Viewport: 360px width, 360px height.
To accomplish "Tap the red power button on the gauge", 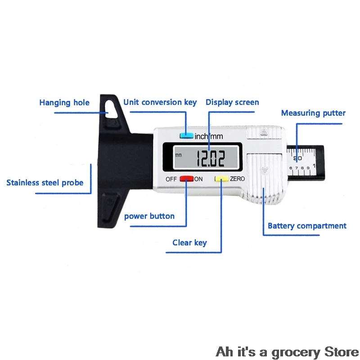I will [186, 179].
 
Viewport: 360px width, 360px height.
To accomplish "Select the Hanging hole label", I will [64, 103].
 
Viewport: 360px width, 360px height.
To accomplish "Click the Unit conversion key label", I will [160, 102].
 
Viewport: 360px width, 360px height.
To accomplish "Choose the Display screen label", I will [232, 102].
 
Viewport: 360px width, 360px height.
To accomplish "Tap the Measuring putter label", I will [313, 113].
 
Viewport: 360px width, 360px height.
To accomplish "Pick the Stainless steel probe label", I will [45, 183].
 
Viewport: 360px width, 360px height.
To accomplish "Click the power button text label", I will [149, 216].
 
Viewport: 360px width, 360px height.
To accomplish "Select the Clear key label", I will [189, 243].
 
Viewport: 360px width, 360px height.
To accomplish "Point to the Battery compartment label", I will [307, 226].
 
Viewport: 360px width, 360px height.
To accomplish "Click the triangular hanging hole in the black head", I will [107, 107].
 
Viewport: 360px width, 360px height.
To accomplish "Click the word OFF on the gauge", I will [171, 179].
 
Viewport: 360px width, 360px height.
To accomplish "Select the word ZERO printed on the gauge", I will [237, 179].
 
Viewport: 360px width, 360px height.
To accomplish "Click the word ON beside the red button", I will [198, 179].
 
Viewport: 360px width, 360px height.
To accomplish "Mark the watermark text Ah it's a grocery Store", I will [287, 351].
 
